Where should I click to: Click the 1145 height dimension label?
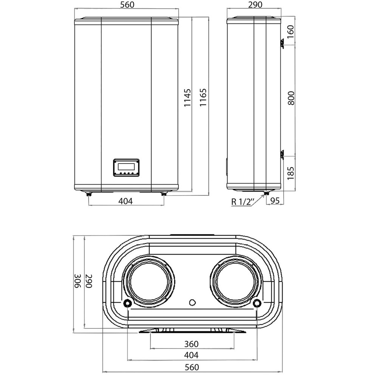[188, 98]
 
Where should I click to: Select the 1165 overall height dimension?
[204, 98]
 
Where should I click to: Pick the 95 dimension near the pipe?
[275, 201]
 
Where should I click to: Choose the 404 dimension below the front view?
[125, 201]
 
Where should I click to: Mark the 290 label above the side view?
[254, 5]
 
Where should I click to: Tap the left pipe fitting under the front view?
[89, 194]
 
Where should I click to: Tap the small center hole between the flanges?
[192, 302]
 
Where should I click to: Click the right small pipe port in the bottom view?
[257, 303]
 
